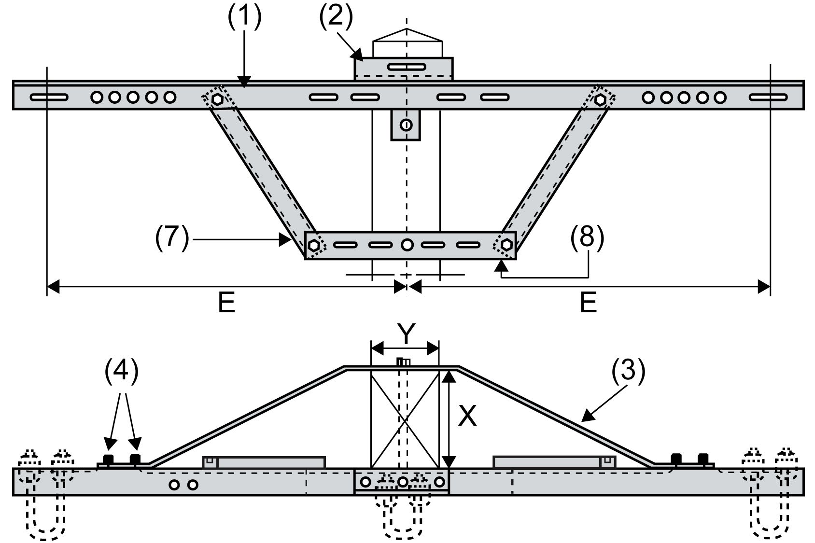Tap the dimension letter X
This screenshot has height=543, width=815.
tap(467, 416)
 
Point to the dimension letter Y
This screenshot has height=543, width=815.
tap(406, 334)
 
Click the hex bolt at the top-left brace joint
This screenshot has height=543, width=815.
tap(217, 100)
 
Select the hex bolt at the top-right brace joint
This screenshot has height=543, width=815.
tap(600, 100)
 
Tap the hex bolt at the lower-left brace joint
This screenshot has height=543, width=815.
tap(314, 245)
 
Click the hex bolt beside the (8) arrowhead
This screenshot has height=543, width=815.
tap(506, 245)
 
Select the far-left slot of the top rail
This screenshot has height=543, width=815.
tap(49, 97)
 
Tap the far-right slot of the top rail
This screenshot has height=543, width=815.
tap(768, 97)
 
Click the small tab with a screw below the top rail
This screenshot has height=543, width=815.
tap(406, 125)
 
